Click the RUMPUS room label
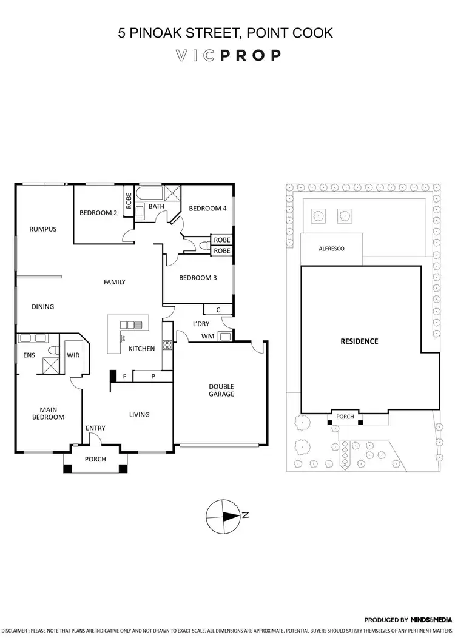[42, 229]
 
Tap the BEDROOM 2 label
[98, 213]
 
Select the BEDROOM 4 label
[207, 209]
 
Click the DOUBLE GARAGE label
[221, 390]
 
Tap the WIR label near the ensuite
[74, 355]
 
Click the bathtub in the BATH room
[149, 195]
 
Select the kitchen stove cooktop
[167, 347]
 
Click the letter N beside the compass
[246, 515]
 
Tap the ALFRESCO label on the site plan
[331, 249]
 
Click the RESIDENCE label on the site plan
[359, 341]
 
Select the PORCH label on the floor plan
[95, 459]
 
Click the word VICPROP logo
[227, 56]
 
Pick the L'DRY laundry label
[201, 324]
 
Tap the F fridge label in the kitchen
[124, 377]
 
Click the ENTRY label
[95, 428]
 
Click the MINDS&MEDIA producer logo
[431, 620]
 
